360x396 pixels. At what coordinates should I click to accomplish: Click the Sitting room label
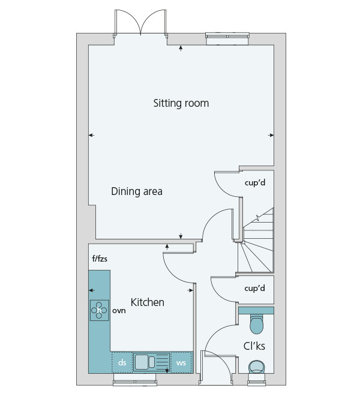click(181, 103)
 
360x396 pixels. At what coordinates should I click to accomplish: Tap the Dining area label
click(137, 191)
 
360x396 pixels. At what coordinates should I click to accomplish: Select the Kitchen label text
click(147, 302)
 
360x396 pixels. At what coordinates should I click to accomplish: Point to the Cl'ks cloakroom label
click(254, 346)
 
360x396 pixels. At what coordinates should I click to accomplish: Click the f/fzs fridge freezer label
click(100, 259)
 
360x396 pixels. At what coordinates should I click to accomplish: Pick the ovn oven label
click(119, 310)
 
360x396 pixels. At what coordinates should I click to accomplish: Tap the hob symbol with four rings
click(100, 310)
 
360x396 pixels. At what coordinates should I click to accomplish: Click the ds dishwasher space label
click(122, 362)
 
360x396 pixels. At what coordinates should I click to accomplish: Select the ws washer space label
click(181, 363)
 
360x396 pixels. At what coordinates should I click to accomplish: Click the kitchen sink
click(151, 362)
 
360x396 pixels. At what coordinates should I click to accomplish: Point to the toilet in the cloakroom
click(256, 323)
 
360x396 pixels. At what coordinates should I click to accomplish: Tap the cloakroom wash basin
click(256, 367)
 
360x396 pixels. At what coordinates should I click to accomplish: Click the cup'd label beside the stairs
click(255, 182)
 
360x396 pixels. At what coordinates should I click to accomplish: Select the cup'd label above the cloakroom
click(254, 288)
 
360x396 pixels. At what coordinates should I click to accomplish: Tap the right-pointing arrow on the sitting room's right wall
click(271, 136)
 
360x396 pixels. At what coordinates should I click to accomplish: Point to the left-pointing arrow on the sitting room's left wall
click(91, 136)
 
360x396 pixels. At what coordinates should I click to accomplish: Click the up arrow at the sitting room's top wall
click(181, 48)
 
